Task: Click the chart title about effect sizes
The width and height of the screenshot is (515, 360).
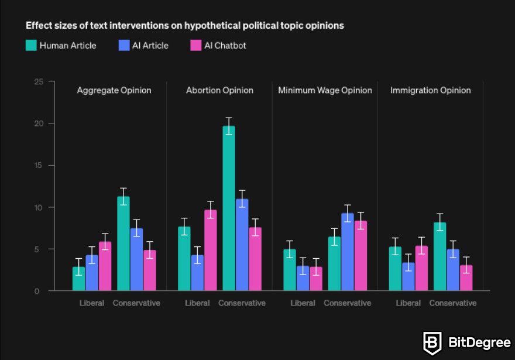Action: (184, 26)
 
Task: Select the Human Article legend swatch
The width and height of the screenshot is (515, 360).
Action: (31, 45)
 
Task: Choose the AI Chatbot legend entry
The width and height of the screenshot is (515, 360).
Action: (225, 45)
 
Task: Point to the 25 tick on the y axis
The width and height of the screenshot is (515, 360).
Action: (39, 81)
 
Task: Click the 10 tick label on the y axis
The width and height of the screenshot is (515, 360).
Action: (39, 207)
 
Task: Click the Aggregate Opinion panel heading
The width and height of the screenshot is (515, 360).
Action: (114, 90)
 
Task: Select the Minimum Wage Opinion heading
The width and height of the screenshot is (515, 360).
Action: (325, 90)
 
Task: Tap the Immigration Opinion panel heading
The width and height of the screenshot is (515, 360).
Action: (430, 90)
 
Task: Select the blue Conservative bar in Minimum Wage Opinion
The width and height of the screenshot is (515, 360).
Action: (347, 252)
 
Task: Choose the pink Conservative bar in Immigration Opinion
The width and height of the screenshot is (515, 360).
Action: (466, 277)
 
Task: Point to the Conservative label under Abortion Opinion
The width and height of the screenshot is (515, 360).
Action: (242, 303)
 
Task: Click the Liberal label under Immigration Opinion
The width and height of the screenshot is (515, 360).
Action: (408, 303)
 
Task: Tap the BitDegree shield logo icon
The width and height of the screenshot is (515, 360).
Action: (432, 342)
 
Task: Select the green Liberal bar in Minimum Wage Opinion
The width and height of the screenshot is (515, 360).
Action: (290, 270)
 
